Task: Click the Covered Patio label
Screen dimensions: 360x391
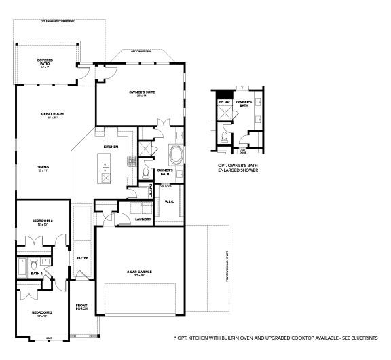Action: pos(45,62)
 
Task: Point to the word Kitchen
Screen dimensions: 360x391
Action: pos(111,147)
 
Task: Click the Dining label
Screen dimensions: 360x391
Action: pos(42,168)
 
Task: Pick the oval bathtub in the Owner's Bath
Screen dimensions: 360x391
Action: pos(175,155)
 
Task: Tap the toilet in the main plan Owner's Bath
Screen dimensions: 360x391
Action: pos(146,173)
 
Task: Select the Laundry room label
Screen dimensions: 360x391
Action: pos(143,219)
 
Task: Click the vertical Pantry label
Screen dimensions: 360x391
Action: pos(151,192)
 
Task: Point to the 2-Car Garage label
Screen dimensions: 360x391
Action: pos(139,273)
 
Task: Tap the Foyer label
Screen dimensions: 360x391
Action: pos(82,258)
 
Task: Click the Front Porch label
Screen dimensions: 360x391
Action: pos(82,307)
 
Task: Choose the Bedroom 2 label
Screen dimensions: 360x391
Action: pos(42,222)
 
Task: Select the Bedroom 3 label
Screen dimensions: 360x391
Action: pos(42,313)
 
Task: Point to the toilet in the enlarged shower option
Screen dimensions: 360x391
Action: pos(223,135)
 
